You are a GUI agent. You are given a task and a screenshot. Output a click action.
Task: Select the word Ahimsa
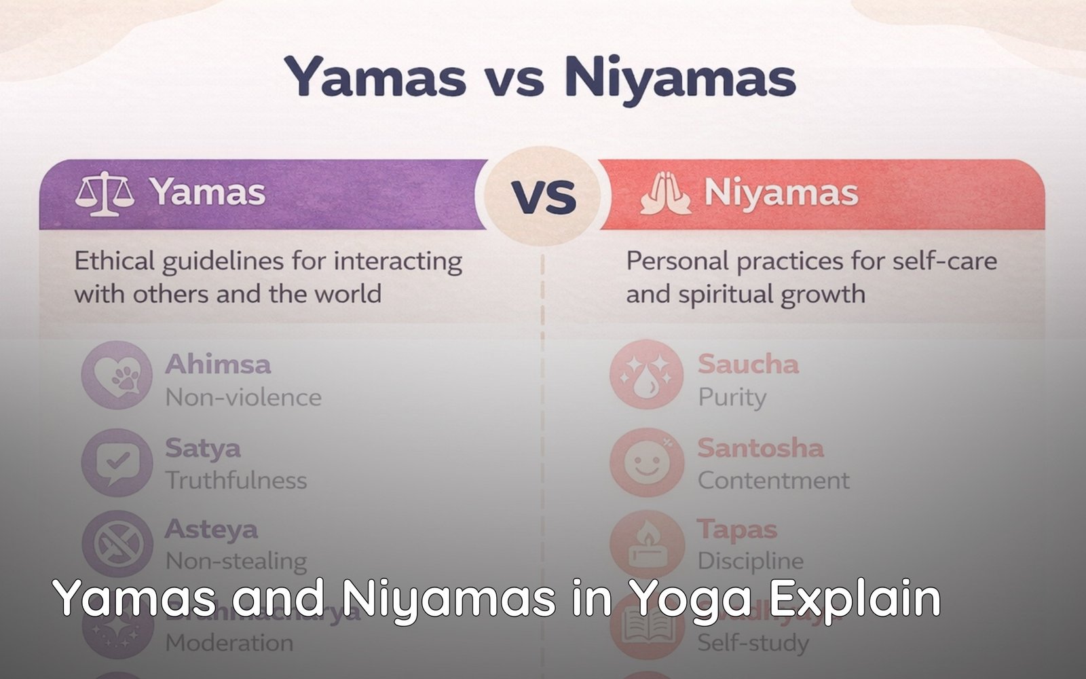tap(218, 365)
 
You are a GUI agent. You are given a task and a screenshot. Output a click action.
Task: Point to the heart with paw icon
tap(117, 375)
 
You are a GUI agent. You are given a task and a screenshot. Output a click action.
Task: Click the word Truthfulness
tap(236, 481)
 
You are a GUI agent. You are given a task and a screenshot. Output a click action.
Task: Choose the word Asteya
tap(211, 530)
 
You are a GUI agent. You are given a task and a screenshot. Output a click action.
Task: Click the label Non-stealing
tap(236, 562)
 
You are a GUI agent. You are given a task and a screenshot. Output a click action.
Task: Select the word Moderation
tap(229, 643)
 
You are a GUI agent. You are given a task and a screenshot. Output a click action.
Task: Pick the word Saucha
tap(748, 365)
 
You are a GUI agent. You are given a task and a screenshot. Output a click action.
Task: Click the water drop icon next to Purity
tap(645, 375)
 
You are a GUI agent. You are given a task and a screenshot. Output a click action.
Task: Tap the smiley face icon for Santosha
tap(645, 462)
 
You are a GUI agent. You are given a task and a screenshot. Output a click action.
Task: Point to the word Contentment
tap(773, 481)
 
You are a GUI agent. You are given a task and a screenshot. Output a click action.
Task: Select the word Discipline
tap(750, 562)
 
